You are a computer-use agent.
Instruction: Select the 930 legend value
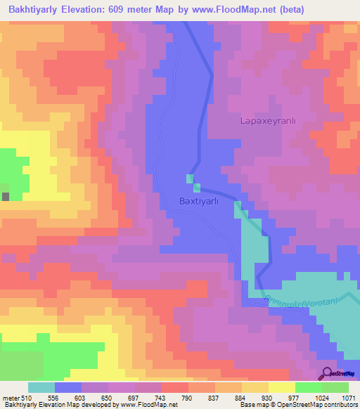tap(269, 397)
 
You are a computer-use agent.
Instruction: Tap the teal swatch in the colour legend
tap(41, 387)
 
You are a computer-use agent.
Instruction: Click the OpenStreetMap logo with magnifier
tap(338, 373)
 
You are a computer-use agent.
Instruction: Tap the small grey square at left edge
tap(6, 196)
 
